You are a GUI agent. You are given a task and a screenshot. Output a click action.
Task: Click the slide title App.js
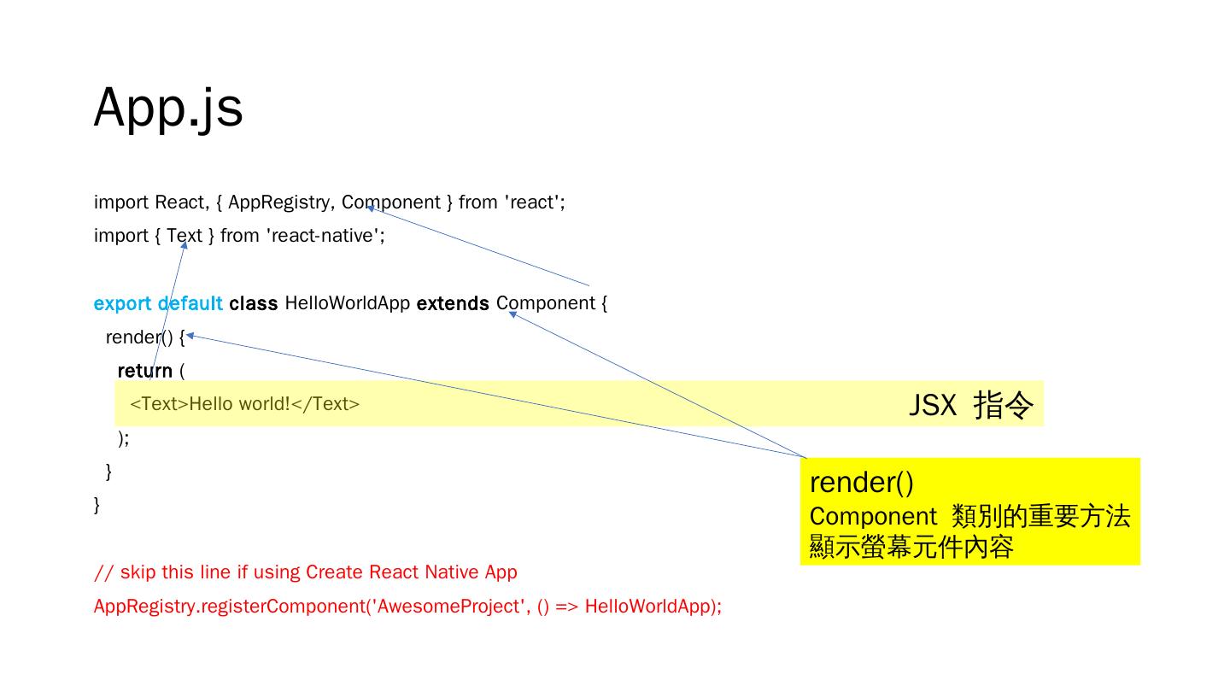click(168, 108)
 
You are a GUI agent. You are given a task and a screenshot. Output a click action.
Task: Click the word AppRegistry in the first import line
click(281, 202)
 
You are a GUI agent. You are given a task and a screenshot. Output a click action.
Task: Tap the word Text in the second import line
click(184, 236)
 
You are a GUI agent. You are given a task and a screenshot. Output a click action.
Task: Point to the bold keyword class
click(253, 303)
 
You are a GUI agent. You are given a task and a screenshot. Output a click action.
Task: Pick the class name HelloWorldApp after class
click(347, 303)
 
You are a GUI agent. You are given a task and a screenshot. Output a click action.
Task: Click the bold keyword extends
click(453, 303)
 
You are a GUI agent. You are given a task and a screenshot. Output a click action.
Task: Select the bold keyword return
click(144, 371)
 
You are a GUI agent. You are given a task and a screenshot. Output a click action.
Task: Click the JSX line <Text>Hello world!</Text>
click(245, 404)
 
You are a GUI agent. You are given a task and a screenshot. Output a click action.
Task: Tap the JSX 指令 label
click(970, 404)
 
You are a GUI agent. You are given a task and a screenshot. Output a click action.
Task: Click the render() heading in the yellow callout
click(861, 483)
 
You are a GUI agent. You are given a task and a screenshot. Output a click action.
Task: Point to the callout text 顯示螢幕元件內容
click(911, 547)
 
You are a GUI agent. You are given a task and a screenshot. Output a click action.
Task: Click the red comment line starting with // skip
click(305, 572)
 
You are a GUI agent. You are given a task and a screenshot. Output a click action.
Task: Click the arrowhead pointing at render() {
click(190, 336)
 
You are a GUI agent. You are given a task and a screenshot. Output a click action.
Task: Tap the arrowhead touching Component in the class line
click(512, 314)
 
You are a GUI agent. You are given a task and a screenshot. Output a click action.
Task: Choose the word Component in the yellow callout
click(872, 517)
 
